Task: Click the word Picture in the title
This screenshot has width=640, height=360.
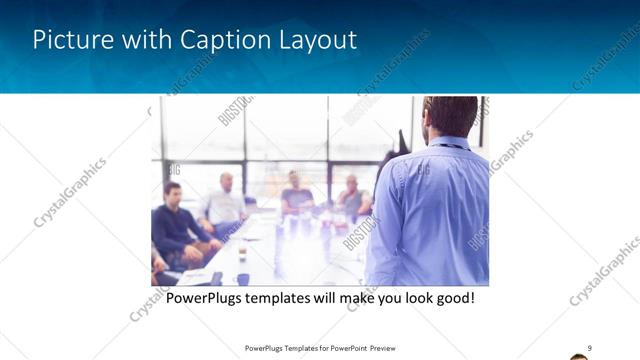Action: (x=70, y=40)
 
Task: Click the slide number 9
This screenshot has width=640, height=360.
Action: (x=590, y=348)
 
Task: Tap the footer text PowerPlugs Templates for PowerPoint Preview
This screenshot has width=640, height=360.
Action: (x=319, y=348)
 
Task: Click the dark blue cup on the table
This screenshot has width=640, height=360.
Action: (x=243, y=279)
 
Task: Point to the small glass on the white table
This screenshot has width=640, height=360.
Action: (x=242, y=252)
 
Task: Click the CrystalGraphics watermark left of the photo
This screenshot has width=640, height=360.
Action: (x=70, y=192)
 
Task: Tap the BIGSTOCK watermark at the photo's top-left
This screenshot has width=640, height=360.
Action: (x=232, y=110)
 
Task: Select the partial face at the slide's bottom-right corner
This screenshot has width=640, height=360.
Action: (x=579, y=356)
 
